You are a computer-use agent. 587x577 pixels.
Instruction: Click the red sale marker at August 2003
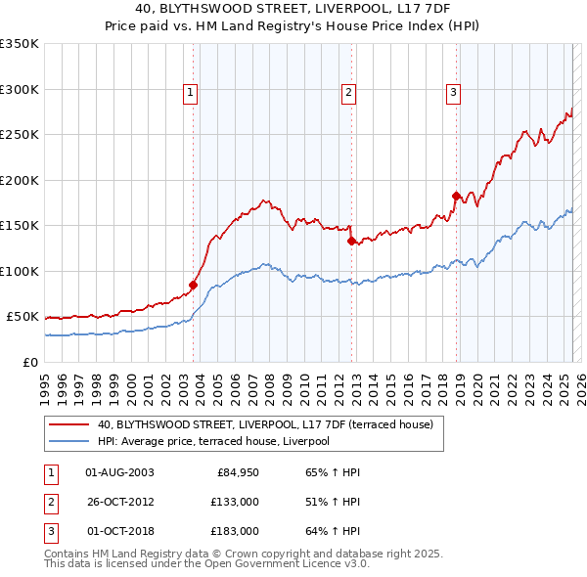coord(194,286)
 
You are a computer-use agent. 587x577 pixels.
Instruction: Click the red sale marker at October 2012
coord(351,241)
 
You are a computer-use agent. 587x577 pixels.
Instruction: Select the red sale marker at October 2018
coord(456,196)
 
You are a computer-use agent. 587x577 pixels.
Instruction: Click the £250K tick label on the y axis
coord(20,135)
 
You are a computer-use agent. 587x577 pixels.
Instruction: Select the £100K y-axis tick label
coord(20,271)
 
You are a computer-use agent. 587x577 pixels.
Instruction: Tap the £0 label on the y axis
coord(29,362)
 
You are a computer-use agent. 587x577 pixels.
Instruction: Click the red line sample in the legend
coord(69,424)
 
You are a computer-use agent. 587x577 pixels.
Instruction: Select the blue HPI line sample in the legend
coord(69,441)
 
